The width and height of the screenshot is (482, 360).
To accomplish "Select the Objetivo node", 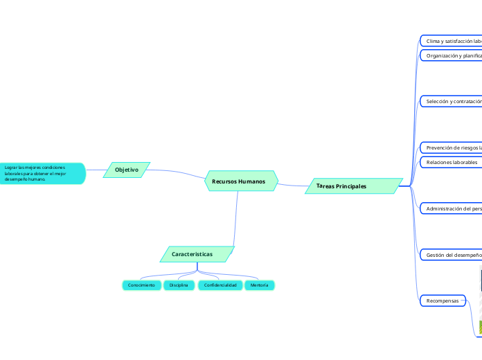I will click(127, 170).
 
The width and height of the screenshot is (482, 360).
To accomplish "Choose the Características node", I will click(197, 254).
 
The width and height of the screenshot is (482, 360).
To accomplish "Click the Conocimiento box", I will click(141, 285).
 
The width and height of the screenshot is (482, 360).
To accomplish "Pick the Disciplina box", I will click(179, 285).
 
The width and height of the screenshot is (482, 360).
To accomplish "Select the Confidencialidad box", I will click(220, 285).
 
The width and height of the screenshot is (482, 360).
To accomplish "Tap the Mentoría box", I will click(259, 285).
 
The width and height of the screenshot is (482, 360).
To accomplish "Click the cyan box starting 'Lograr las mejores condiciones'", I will click(42, 173).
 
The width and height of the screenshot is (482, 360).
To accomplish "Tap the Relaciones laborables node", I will click(451, 162).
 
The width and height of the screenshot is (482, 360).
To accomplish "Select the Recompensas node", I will click(443, 300).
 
